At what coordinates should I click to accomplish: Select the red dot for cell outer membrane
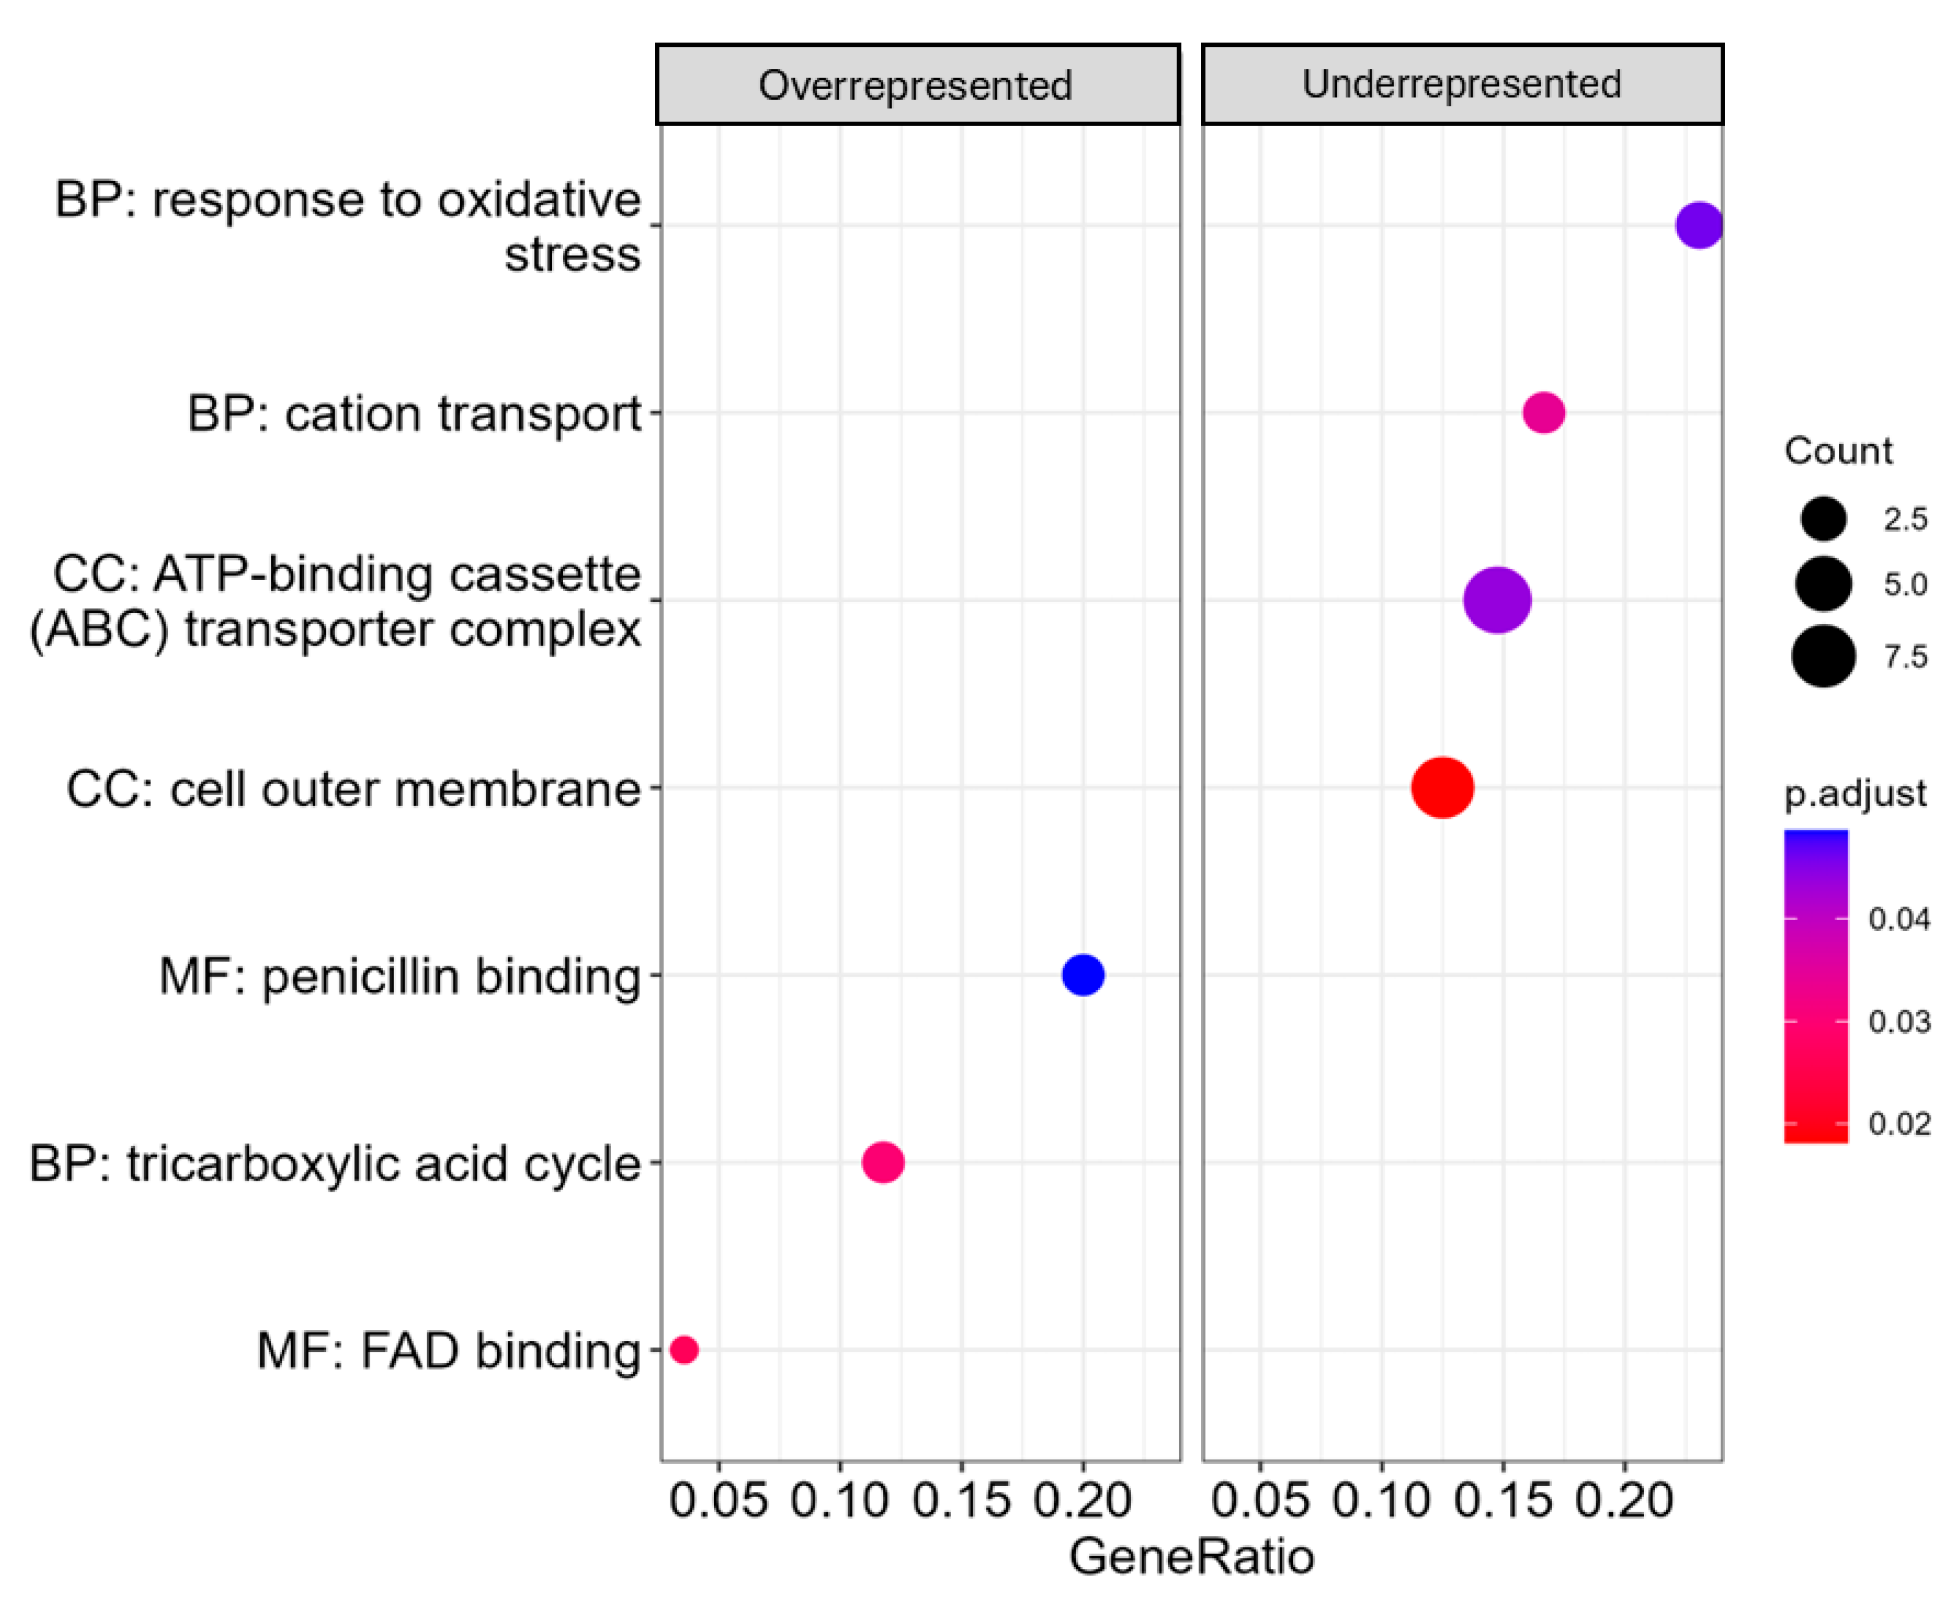coord(1442,787)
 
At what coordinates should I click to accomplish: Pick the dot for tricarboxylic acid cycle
coord(882,1161)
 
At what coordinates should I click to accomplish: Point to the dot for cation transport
coord(1543,412)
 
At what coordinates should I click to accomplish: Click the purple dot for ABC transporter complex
coord(1497,601)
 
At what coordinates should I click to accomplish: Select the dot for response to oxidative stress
coord(1698,226)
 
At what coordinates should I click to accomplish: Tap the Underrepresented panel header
coord(1461,84)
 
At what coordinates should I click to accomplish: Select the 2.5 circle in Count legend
coord(1822,518)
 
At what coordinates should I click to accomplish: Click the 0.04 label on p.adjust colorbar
coord(1898,919)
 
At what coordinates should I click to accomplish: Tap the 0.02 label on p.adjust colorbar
coord(1898,1123)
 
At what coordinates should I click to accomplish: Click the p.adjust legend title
coord(1854,793)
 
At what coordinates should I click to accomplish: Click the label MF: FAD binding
coord(449,1350)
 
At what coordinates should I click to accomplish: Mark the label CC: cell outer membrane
coord(353,789)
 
